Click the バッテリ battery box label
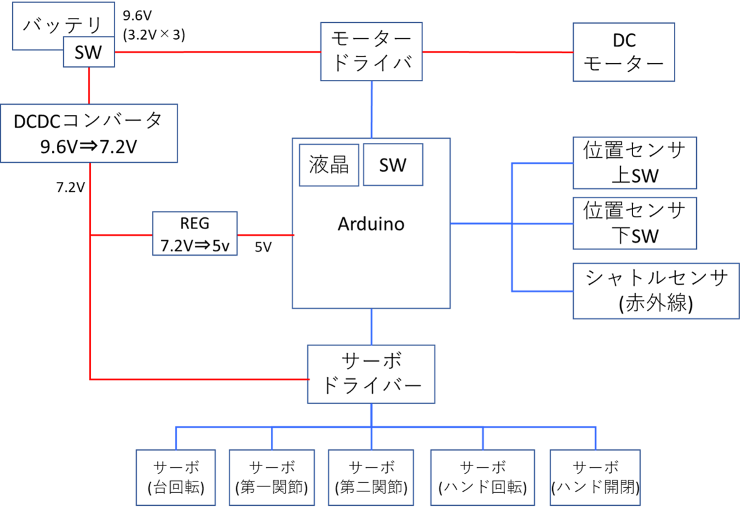(62, 25)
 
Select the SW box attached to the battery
(89, 52)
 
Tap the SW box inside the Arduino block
(393, 165)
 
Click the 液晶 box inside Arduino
(329, 165)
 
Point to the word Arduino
(371, 224)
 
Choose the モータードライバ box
(372, 51)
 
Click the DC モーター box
(624, 52)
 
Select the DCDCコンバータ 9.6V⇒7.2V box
(89, 133)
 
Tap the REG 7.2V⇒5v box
(195, 233)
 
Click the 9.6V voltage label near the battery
(137, 15)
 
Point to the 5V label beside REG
(263, 247)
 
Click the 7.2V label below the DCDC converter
(70, 188)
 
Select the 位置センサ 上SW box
(634, 163)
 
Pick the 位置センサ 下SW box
(634, 223)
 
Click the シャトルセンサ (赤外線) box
(656, 291)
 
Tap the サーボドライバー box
(371, 374)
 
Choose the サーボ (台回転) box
(176, 477)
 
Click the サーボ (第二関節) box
(371, 477)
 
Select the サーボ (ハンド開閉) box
(595, 477)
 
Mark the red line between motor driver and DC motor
(498, 52)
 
